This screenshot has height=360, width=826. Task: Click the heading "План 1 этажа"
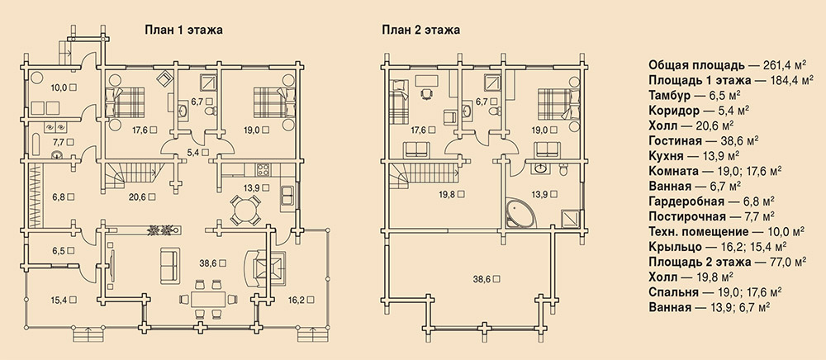point(183,30)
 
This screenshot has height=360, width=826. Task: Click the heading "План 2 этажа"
point(421,30)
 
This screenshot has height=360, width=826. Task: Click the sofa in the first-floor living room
point(169,265)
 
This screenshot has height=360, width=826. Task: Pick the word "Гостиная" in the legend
point(675,140)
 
